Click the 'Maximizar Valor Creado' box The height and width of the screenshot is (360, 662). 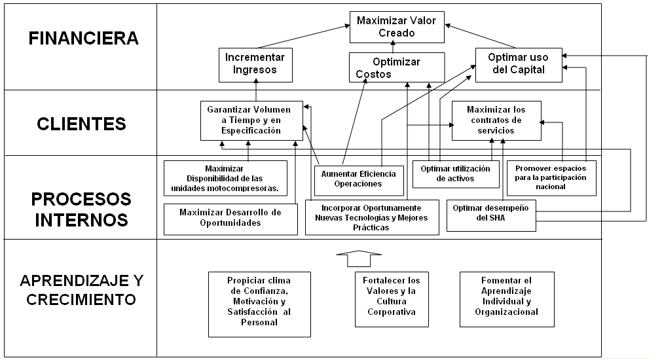tap(397, 27)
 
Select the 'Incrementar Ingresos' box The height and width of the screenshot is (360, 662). tap(255, 65)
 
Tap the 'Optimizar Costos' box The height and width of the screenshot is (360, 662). tap(397, 67)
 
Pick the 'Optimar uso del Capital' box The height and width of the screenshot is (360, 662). tap(519, 65)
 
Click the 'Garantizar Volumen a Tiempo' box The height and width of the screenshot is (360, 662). tap(251, 120)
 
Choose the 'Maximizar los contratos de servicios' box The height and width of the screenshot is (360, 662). tap(496, 120)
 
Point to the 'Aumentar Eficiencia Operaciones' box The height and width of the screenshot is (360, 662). tap(359, 181)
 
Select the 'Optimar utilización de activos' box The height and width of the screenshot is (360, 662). tap(456, 174)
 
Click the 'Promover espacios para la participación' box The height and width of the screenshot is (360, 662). tap(551, 177)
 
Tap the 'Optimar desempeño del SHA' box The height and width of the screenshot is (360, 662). tap(492, 215)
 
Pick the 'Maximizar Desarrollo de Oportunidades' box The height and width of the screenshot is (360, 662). tap(230, 219)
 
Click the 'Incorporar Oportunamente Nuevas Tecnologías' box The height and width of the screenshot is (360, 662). tap(372, 217)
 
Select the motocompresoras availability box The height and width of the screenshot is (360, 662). tap(225, 178)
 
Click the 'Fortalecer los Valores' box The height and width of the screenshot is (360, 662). tap(392, 299)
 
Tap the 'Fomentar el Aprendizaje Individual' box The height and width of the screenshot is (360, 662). tap(507, 299)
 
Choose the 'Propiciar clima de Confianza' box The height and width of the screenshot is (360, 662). tap(260, 304)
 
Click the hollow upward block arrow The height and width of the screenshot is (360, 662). tap(359, 259)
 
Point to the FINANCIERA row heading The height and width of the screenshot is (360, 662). tap(84, 39)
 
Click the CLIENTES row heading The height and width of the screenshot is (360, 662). tap(81, 124)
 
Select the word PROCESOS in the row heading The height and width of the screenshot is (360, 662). tap(81, 199)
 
